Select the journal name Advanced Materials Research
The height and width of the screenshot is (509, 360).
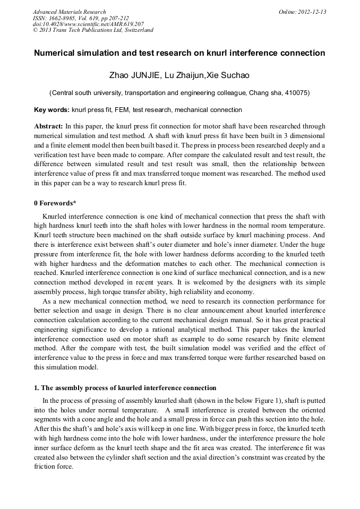69,11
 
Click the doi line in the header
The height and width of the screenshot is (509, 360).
88,24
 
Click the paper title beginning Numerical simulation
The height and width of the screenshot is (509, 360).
179,53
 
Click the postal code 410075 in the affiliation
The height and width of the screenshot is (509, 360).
293,93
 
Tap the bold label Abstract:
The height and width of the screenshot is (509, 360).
48,126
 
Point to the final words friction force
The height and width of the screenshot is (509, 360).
54,468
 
